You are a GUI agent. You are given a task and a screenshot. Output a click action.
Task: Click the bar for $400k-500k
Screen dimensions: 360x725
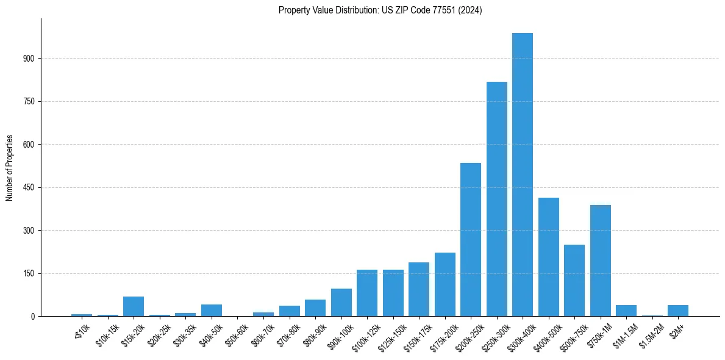(549, 257)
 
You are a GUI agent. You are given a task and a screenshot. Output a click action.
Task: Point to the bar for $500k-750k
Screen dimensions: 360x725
(574, 280)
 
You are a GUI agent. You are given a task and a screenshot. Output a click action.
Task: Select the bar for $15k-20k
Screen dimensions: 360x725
(134, 306)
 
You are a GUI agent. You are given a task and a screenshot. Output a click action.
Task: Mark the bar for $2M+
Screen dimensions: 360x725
(678, 311)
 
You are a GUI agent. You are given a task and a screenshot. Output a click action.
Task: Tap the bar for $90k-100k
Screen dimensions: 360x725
(341, 303)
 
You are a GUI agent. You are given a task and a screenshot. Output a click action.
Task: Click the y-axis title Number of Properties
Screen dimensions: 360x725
(9, 168)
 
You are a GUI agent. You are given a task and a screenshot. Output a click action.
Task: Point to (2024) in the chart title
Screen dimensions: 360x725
(471, 10)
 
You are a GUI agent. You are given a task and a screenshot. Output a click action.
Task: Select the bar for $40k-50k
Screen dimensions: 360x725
(212, 310)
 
